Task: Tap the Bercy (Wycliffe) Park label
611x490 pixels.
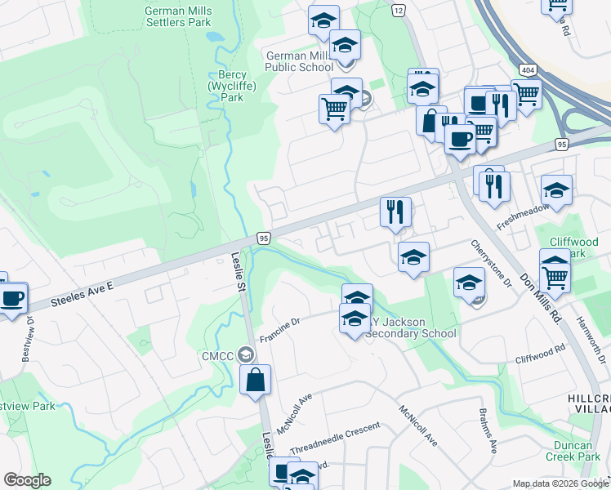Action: (x=227, y=86)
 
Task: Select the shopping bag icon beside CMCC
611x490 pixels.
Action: (x=256, y=380)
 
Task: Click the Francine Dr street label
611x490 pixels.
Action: (x=281, y=329)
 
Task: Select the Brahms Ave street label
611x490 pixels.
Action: (x=488, y=432)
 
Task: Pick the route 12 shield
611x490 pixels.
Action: (x=399, y=10)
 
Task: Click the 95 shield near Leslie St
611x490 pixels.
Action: (x=263, y=238)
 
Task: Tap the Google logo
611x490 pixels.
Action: (x=27, y=480)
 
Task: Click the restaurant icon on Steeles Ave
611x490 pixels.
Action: (x=396, y=212)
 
